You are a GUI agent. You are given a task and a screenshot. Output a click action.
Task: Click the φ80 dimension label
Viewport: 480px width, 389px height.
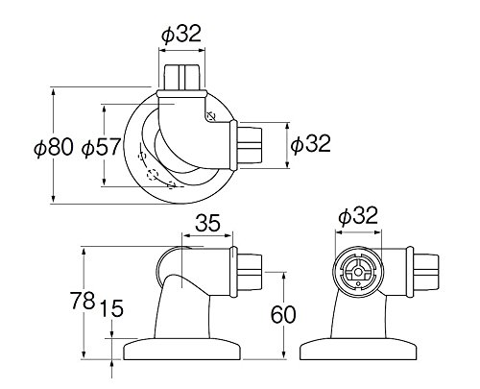(54, 148)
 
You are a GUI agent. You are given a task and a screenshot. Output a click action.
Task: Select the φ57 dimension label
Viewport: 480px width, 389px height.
(101, 148)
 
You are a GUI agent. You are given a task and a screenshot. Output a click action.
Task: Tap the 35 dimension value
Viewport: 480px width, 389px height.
(207, 223)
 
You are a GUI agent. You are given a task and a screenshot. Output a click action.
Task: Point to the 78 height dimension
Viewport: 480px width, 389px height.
(83, 301)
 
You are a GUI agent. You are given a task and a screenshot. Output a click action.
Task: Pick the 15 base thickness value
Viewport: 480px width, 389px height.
(111, 308)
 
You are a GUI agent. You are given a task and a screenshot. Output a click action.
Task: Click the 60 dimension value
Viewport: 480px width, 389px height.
(283, 314)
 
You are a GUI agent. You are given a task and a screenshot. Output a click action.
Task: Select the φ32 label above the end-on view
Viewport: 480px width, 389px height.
(358, 215)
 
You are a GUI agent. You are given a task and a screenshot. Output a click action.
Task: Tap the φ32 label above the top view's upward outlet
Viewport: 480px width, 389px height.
(181, 33)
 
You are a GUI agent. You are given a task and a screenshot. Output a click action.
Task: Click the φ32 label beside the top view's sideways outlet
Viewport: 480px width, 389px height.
(310, 143)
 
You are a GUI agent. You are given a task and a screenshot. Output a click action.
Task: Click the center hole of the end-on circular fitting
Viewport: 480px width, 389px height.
(359, 273)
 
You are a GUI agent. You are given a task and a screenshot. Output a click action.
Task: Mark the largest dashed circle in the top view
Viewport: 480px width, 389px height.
(153, 175)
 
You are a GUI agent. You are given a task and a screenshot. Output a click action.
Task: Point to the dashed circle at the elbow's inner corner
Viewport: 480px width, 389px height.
(211, 115)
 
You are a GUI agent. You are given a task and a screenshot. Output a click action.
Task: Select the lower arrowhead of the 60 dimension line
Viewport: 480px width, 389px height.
(283, 354)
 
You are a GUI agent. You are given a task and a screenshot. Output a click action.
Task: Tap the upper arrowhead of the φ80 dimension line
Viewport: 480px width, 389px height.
(54, 92)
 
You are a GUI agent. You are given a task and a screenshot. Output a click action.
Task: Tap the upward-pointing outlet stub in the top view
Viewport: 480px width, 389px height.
(182, 77)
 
